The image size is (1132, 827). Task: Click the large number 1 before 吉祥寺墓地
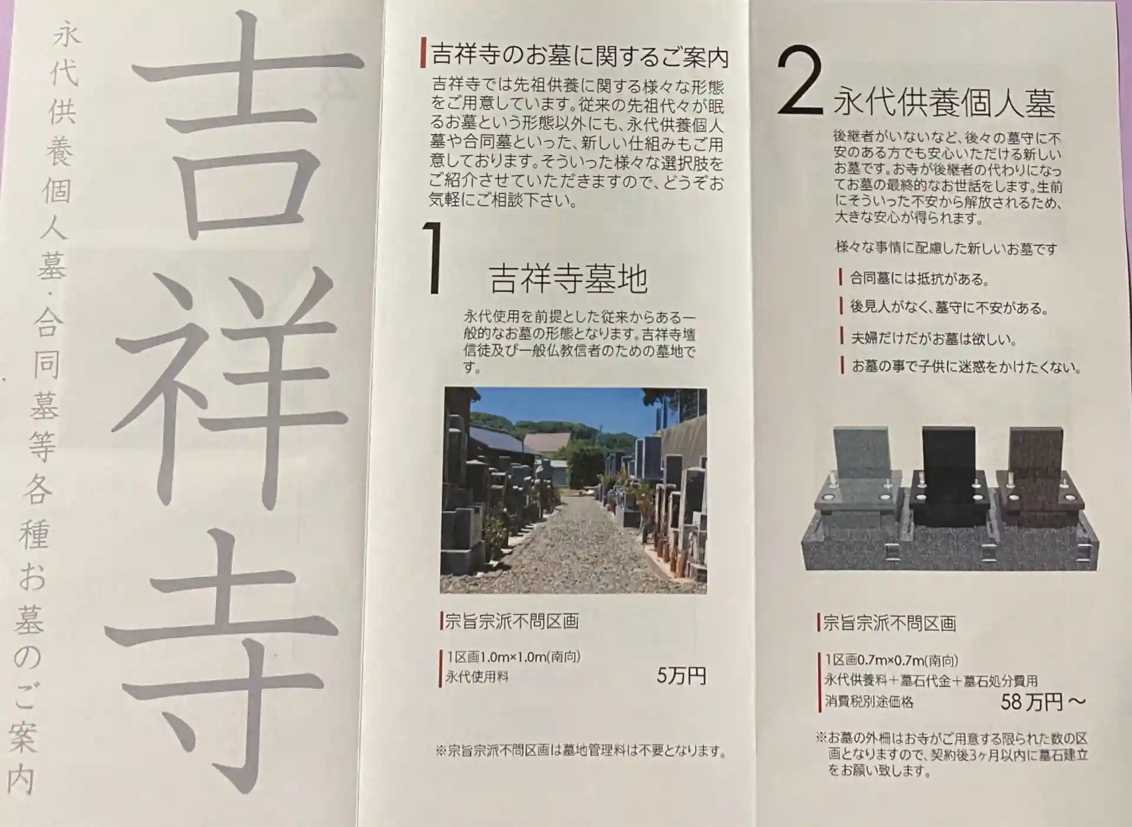coord(435,257)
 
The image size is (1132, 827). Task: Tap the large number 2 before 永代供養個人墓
coord(799,81)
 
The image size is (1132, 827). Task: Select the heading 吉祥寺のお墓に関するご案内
coord(580,56)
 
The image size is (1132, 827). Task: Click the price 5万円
coord(682,676)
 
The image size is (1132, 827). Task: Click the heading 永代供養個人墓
coord(944,104)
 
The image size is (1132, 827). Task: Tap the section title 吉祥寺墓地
coord(568,279)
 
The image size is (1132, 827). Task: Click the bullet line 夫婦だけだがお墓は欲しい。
coord(934,338)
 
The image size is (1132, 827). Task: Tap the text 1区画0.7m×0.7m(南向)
coord(891,660)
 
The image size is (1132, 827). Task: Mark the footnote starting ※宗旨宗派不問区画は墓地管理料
coord(581,751)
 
